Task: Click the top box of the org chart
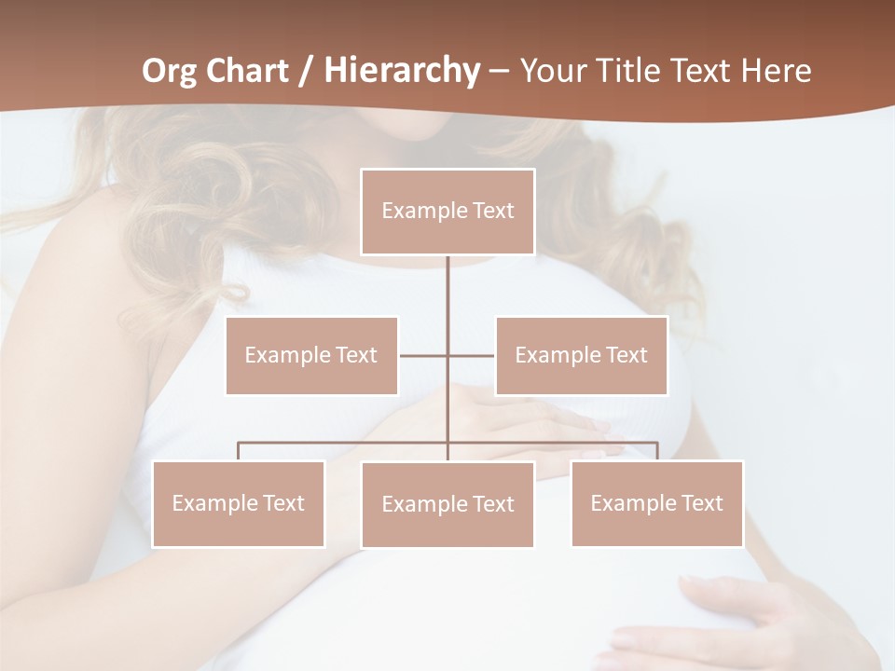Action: pyautogui.click(x=447, y=212)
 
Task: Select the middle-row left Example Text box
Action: pyautogui.click(x=311, y=355)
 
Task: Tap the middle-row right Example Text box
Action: pyautogui.click(x=581, y=355)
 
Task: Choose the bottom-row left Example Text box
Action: pyautogui.click(x=238, y=503)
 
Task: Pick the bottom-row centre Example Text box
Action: pyautogui.click(x=447, y=504)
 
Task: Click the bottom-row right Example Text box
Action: pyautogui.click(x=656, y=503)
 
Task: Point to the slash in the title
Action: pyautogui.click(x=307, y=71)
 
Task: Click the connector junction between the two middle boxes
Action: pyautogui.click(x=447, y=355)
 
